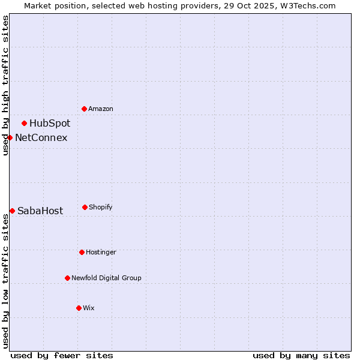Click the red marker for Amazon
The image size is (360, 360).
85,109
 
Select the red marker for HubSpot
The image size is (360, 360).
25,123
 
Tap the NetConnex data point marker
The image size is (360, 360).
10,137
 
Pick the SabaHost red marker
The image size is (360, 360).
12,211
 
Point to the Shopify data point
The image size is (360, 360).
85,207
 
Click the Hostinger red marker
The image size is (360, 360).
82,252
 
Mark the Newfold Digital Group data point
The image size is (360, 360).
67,278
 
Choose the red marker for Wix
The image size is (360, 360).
79,308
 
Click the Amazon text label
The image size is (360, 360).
101,109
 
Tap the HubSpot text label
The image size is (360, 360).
50,124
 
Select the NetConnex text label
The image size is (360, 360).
41,138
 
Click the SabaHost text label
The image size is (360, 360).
40,211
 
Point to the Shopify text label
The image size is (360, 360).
101,207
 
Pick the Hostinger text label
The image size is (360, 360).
101,252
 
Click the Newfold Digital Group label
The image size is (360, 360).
106,278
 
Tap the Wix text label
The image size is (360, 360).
89,308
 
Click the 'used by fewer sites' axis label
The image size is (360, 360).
62,355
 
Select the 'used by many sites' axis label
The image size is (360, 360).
301,355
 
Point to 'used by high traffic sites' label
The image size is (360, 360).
5,85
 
